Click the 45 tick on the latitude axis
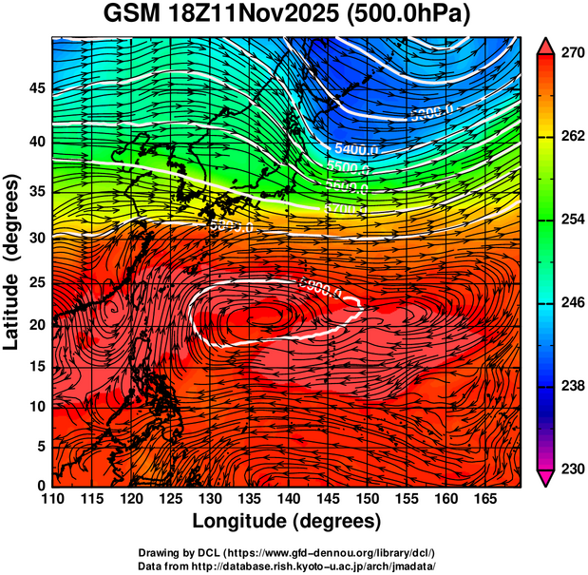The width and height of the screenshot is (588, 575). click(35, 88)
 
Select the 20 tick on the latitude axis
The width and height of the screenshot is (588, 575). click(35, 325)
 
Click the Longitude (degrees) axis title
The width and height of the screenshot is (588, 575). click(287, 522)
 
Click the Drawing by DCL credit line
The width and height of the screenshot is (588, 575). click(293, 552)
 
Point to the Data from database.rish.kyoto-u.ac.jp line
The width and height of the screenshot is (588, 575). click(293, 565)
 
